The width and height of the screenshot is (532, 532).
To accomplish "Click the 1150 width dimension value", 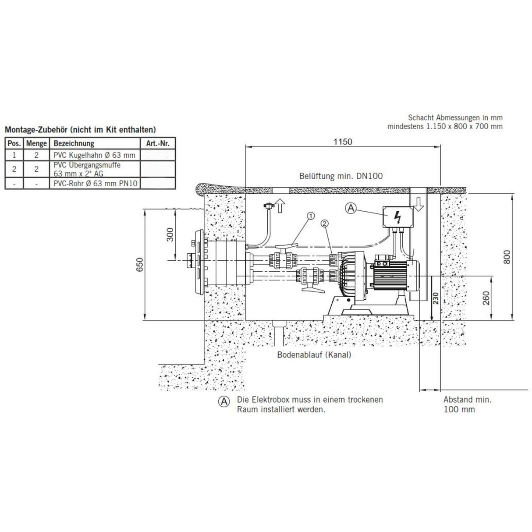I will pyautogui.click(x=342, y=142).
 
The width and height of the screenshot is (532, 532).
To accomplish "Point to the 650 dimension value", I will pyautogui.click(x=139, y=265).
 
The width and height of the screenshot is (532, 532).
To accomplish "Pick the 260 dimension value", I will pyautogui.click(x=486, y=298).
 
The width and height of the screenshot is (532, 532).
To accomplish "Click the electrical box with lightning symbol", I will pyautogui.click(x=398, y=216).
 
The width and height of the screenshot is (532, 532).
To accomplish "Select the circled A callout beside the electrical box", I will pyautogui.click(x=351, y=209).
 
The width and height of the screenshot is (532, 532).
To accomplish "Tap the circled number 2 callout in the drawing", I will pyautogui.click(x=324, y=223).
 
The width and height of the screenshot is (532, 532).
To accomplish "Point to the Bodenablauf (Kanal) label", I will pyautogui.click(x=314, y=355).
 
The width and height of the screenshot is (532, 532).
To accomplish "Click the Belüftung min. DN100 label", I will pyautogui.click(x=341, y=176).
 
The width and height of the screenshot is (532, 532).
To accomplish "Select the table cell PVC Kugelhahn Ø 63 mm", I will pyautogui.click(x=94, y=155).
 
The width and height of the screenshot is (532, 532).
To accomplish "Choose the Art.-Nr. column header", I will pyautogui.click(x=157, y=143).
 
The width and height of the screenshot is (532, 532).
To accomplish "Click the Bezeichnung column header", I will pyautogui.click(x=74, y=143).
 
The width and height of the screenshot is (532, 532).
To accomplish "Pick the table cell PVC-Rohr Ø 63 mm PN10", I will pyautogui.click(x=96, y=184).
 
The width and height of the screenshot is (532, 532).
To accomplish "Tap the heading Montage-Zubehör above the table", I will pyautogui.click(x=80, y=130).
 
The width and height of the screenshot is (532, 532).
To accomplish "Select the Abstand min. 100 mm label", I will pyautogui.click(x=467, y=404).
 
